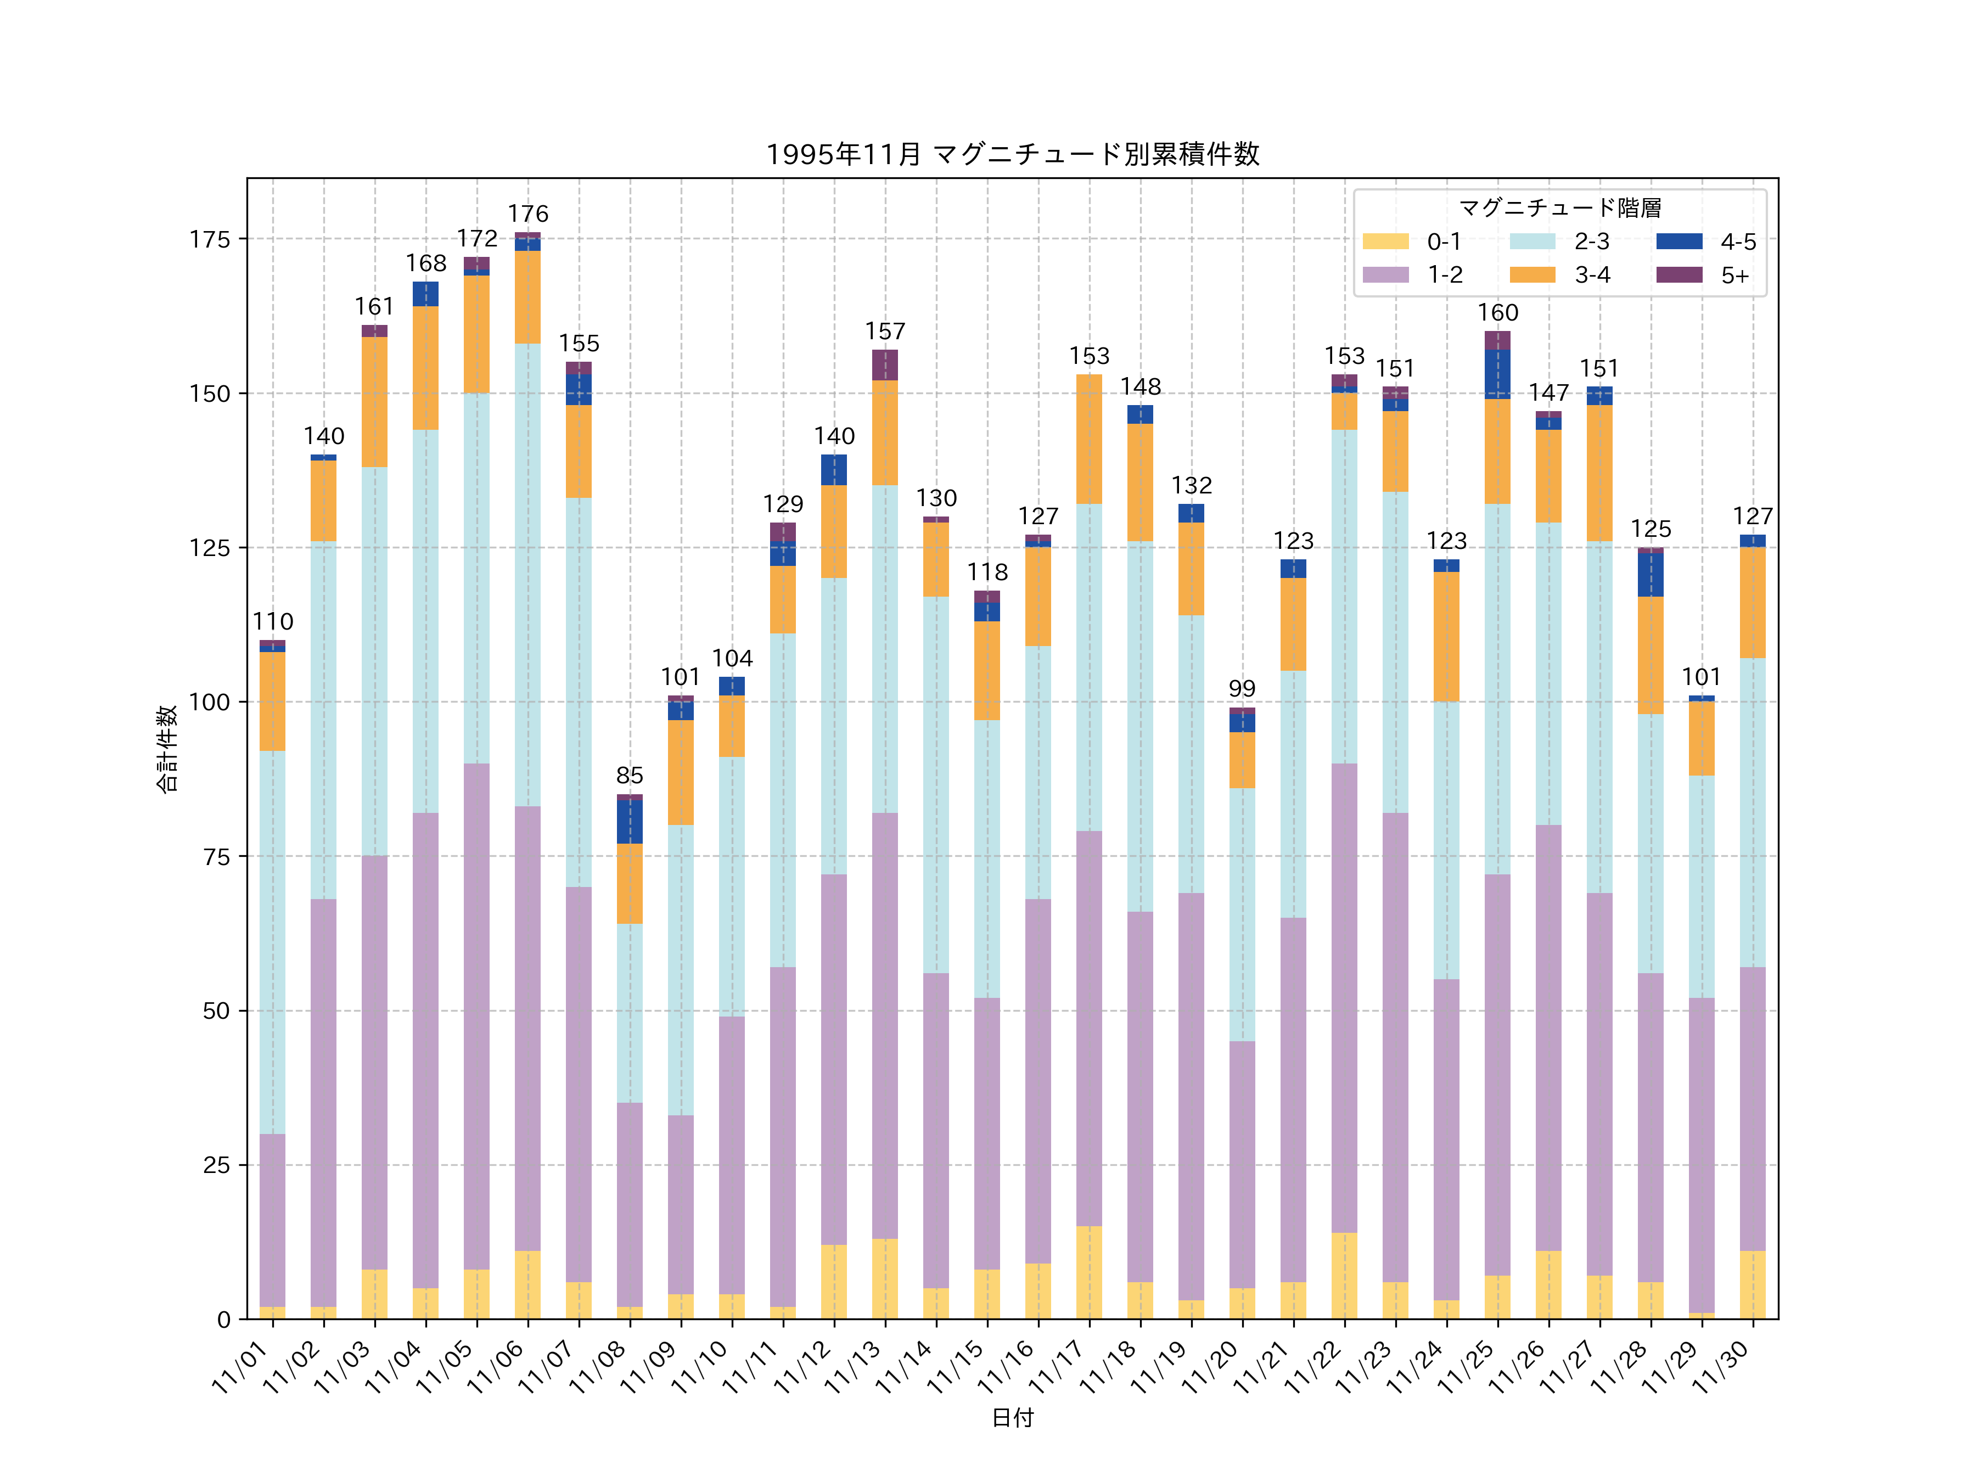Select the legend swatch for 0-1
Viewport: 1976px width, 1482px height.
point(1385,241)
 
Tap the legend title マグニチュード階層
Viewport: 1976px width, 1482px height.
point(1560,208)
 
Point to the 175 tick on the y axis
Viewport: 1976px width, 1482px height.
point(210,239)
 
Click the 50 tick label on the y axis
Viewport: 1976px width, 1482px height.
point(216,1011)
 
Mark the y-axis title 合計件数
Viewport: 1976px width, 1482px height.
point(167,749)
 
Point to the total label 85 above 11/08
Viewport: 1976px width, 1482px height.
point(630,776)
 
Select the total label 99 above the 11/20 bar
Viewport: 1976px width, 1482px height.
point(1242,689)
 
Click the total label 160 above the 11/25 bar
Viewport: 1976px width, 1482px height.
point(1497,313)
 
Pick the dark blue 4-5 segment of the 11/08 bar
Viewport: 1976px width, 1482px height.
point(630,821)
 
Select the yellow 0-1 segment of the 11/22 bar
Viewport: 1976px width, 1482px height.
point(1344,1276)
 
